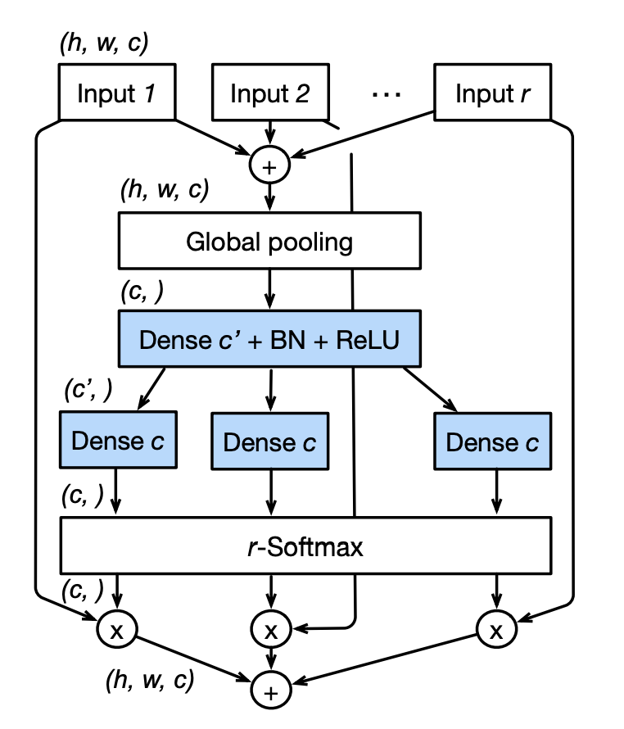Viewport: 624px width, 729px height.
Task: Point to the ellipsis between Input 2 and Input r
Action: [x=385, y=94]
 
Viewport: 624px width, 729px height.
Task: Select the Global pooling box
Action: [x=269, y=242]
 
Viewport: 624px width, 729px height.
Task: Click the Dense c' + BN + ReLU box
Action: [x=269, y=339]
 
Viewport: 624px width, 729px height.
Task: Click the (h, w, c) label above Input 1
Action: [x=104, y=44]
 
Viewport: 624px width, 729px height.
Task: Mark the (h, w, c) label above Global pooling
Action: [x=165, y=192]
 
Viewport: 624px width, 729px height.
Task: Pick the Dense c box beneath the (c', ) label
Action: [x=118, y=441]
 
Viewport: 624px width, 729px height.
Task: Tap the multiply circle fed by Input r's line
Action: [x=495, y=629]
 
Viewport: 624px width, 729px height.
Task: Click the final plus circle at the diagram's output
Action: [x=269, y=691]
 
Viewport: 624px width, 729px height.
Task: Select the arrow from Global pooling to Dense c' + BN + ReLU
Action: [x=269, y=290]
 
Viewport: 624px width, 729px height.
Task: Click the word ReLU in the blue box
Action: [x=366, y=339]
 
